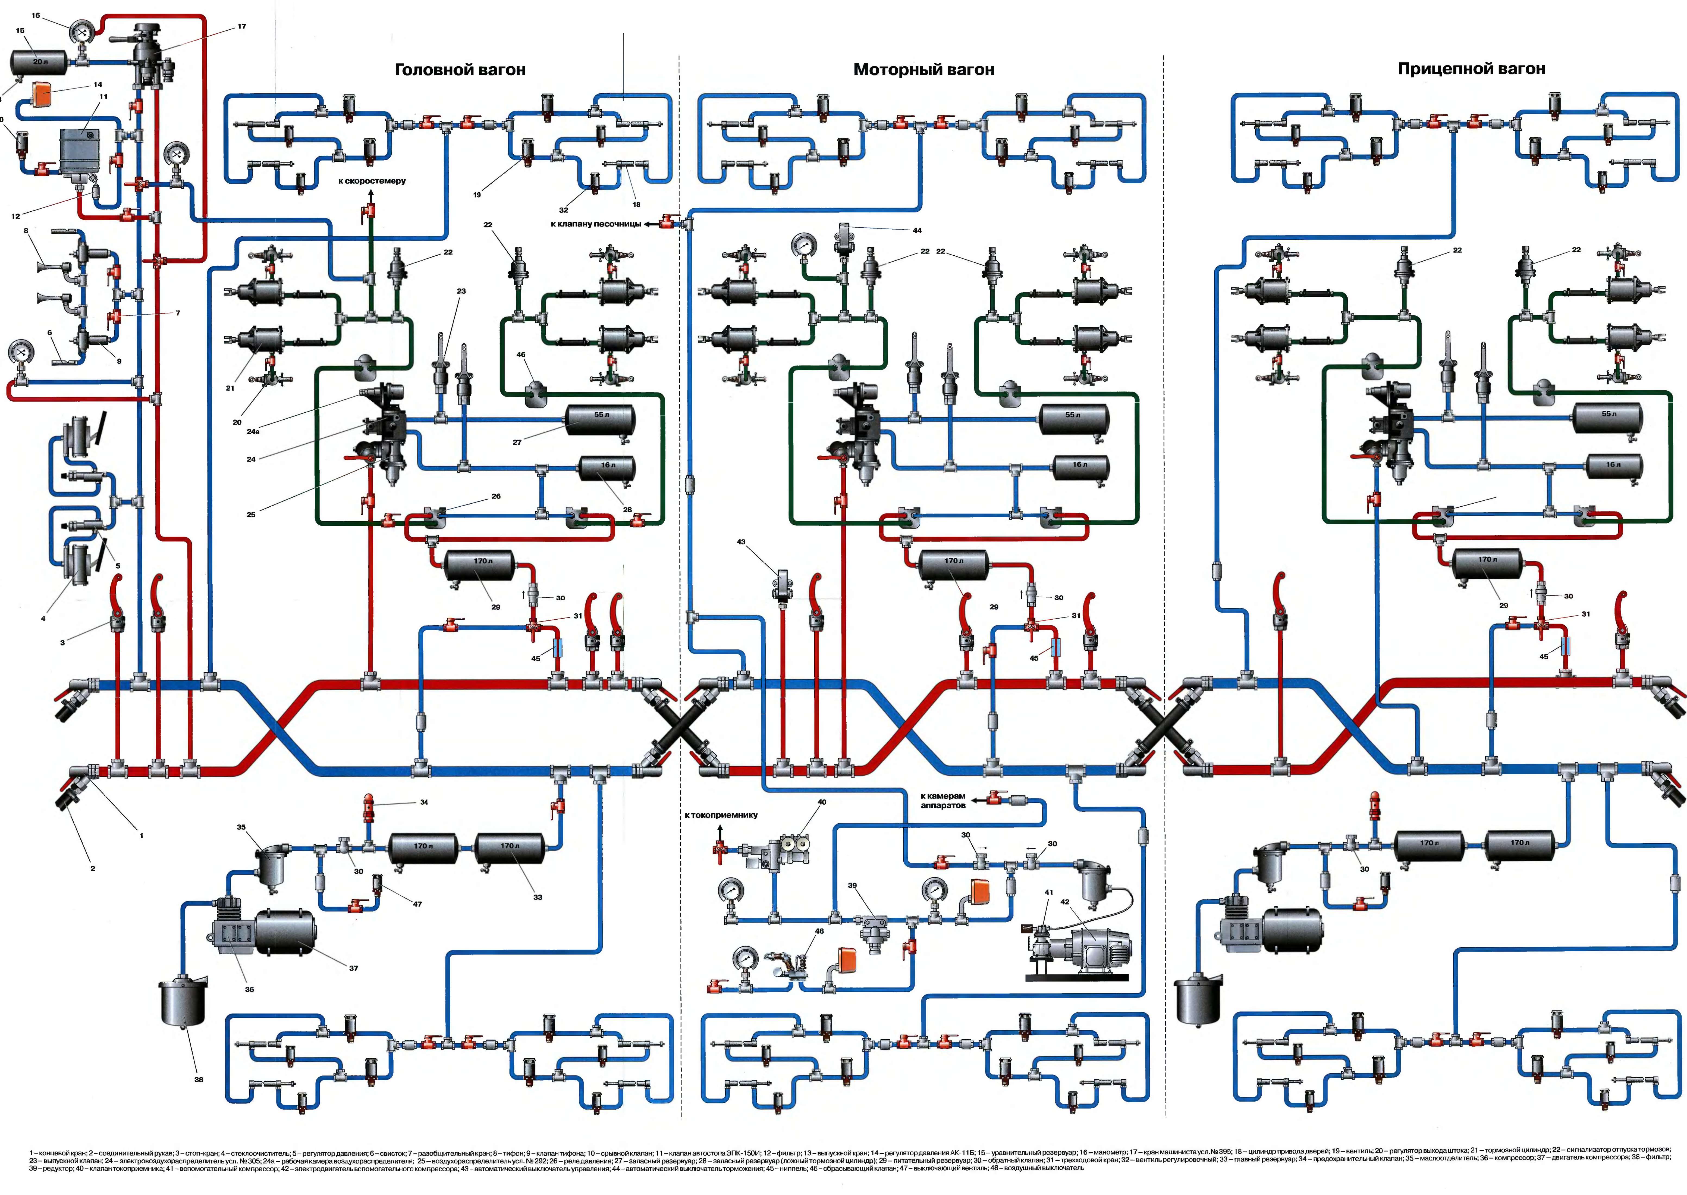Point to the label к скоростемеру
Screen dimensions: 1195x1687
click(x=372, y=181)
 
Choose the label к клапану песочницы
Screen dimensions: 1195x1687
click(x=596, y=224)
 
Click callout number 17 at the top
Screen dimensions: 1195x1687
click(x=241, y=27)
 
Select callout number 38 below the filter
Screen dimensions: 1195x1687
click(x=199, y=1080)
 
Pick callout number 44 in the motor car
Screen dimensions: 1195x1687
click(x=917, y=230)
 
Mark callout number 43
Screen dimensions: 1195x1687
click(x=741, y=542)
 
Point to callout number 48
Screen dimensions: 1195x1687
click(x=819, y=931)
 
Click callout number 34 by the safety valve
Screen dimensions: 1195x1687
click(x=424, y=802)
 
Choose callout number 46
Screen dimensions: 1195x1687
click(x=521, y=355)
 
